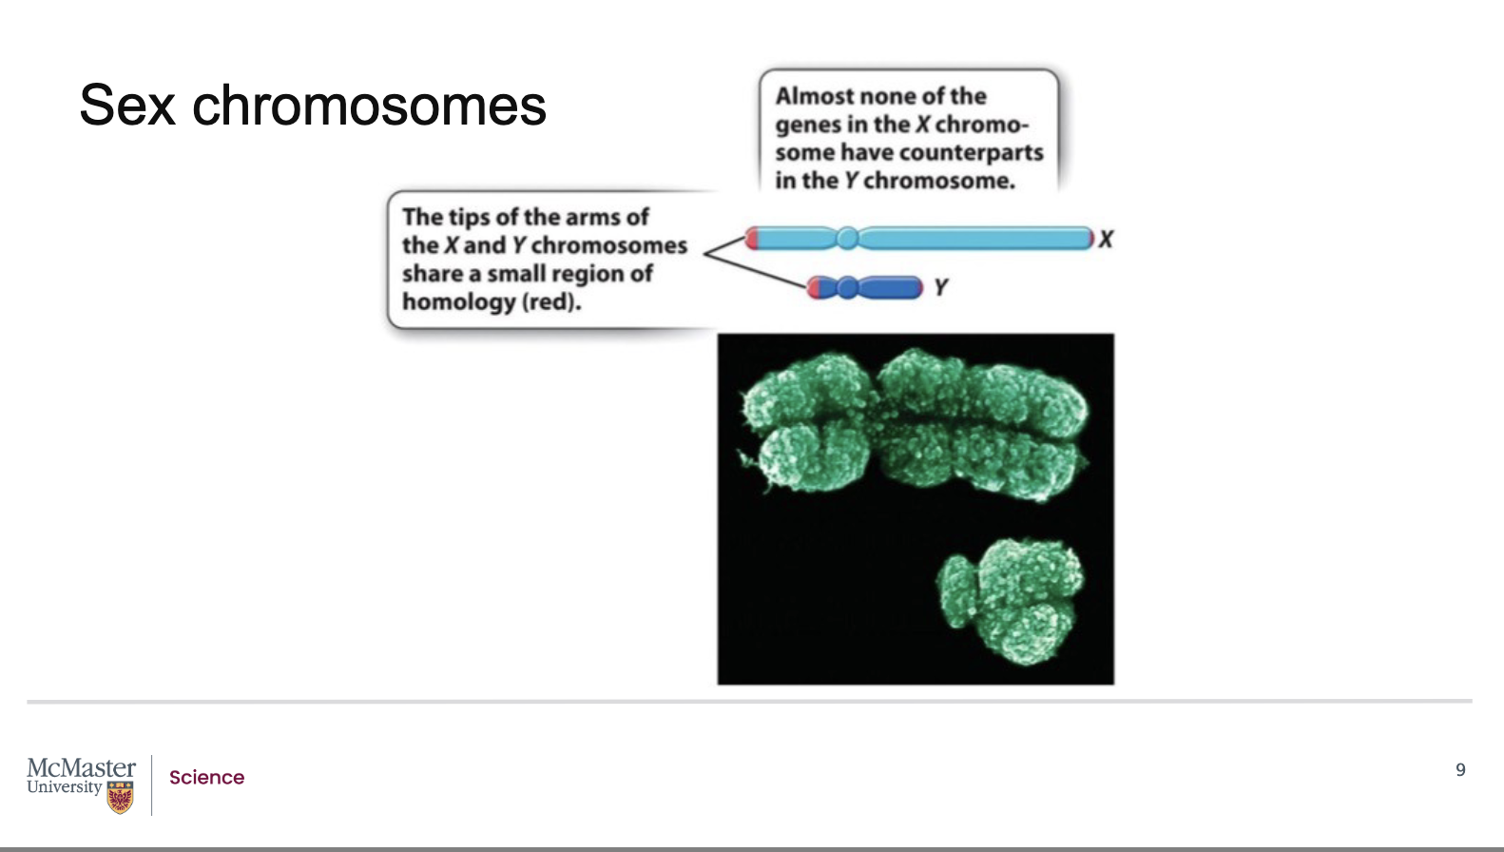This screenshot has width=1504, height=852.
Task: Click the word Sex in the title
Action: tap(127, 105)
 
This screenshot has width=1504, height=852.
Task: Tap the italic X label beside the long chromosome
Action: tap(1106, 240)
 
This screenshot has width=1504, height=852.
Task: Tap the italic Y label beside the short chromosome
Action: tap(940, 287)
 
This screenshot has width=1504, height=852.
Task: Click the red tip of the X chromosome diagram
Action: tap(751, 238)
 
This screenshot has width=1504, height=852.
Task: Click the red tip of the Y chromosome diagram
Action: tap(814, 287)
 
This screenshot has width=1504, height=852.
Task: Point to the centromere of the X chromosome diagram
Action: tap(847, 238)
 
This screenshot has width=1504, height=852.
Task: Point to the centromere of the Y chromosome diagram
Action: tap(847, 287)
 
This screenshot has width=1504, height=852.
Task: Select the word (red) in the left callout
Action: tap(551, 302)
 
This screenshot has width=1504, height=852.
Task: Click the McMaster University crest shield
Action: tap(120, 797)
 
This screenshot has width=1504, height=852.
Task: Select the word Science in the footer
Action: tap(206, 777)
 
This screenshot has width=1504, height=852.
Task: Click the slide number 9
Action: tap(1460, 769)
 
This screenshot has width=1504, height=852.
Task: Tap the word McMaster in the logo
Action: tap(81, 767)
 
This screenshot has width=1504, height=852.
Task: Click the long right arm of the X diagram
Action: tap(974, 238)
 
